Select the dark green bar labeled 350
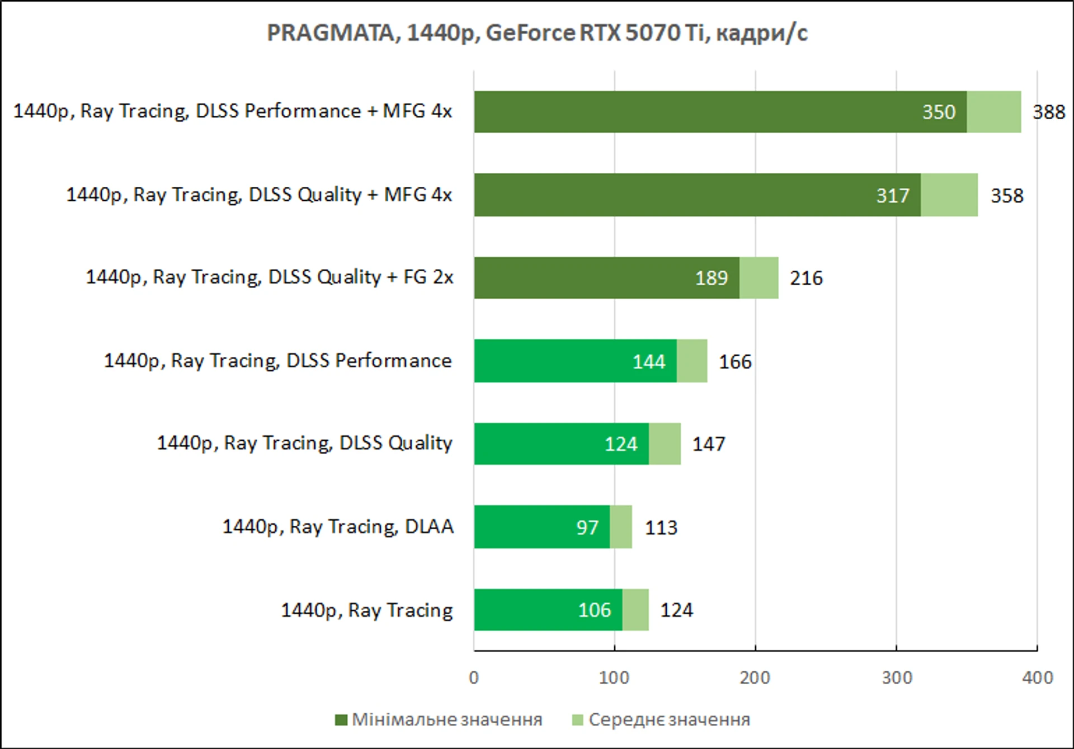(x=720, y=112)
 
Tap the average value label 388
(x=1048, y=112)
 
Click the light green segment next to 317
(x=949, y=195)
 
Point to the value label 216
(x=806, y=278)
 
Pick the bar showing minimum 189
(x=607, y=277)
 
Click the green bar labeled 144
(x=576, y=361)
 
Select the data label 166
(x=735, y=362)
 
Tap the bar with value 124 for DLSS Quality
(x=562, y=444)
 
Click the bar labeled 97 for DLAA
(x=542, y=527)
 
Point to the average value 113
(x=661, y=527)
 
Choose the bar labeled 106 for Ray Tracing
(x=548, y=610)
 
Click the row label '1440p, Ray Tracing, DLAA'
(x=338, y=527)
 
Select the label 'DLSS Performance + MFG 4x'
(x=324, y=111)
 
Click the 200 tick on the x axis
(x=755, y=678)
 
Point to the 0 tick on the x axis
(x=474, y=678)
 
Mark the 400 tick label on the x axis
(x=1037, y=678)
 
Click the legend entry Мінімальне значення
(x=439, y=719)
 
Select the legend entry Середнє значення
(x=661, y=719)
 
